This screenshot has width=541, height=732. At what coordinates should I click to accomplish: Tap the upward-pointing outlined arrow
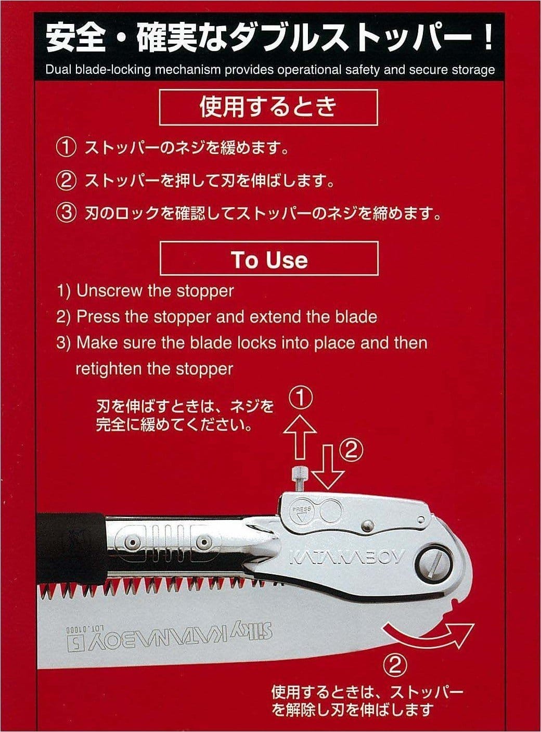point(300,436)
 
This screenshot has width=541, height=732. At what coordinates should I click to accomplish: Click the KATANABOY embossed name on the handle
point(346,557)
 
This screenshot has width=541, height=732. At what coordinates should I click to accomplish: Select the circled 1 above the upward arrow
point(300,399)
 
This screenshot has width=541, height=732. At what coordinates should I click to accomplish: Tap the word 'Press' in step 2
point(98,317)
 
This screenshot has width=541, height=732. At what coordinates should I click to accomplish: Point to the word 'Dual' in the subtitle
point(57,70)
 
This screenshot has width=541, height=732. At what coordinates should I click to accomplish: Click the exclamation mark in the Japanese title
point(488,39)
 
